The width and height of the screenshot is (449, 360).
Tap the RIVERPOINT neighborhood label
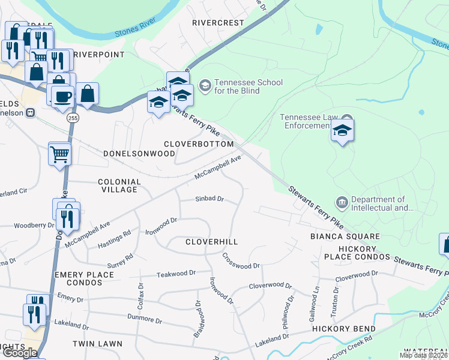coord(98,55)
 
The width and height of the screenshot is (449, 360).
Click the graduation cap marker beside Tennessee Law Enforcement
coord(342,130)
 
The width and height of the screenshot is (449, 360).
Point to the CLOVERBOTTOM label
coord(199,145)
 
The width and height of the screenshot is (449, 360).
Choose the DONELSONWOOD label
coord(131,154)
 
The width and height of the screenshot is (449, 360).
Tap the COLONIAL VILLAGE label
coord(119,185)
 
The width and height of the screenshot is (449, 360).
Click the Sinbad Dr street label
coord(209,199)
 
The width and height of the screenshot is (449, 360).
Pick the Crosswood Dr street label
coord(241,262)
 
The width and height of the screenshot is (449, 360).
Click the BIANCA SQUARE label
coord(345,237)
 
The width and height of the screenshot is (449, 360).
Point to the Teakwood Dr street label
coord(176,273)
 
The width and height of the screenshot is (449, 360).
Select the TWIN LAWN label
coord(97,344)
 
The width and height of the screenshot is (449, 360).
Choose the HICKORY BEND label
coord(343,329)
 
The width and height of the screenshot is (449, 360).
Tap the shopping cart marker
coord(59,154)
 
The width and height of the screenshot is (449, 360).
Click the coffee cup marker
coord(62,97)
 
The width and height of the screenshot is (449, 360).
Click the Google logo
coord(20,353)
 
